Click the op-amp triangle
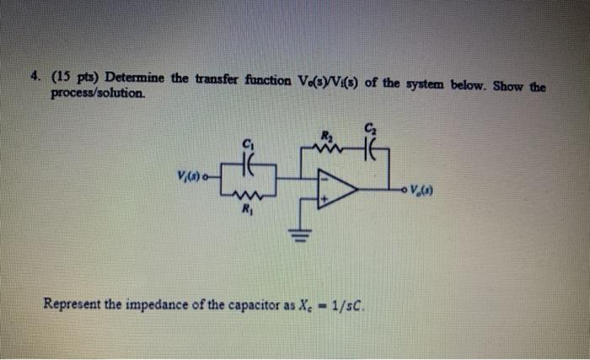click(x=334, y=188)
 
